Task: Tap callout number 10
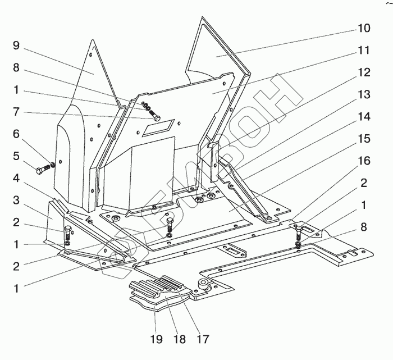pyautogui.click(x=364, y=28)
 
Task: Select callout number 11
pyautogui.click(x=364, y=50)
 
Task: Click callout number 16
pyautogui.click(x=364, y=161)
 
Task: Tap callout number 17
pyautogui.click(x=203, y=339)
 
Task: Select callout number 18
pyautogui.click(x=180, y=339)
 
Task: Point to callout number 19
pyautogui.click(x=157, y=339)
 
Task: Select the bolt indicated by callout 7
pyautogui.click(x=157, y=118)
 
